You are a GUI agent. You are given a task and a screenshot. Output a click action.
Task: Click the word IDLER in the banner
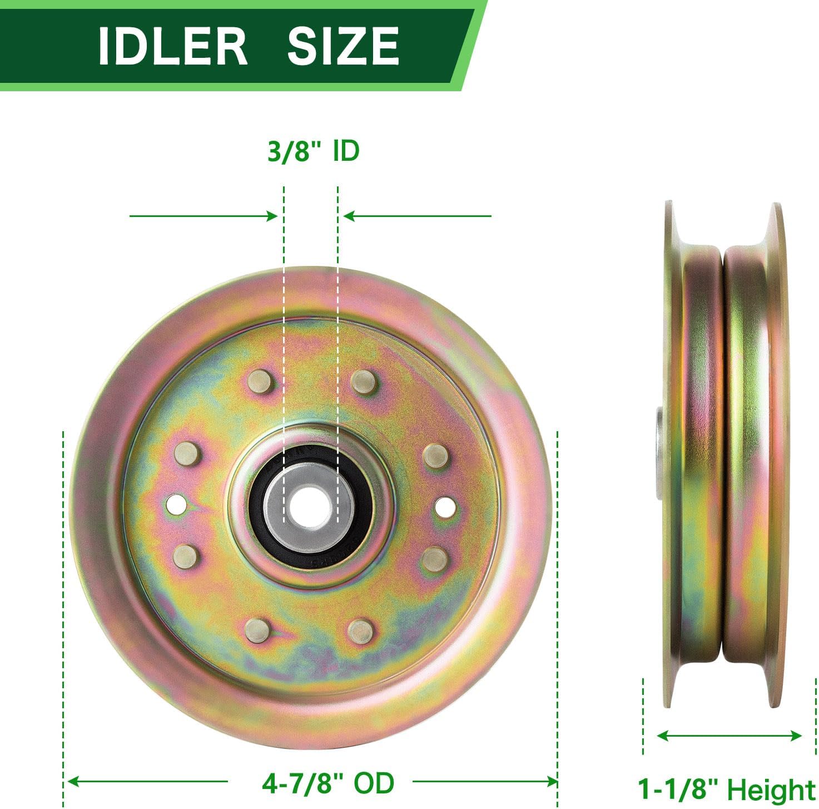(x=172, y=46)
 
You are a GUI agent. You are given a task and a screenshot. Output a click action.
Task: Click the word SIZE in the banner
(x=343, y=46)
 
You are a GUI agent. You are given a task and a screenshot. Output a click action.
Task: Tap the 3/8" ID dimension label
(x=313, y=151)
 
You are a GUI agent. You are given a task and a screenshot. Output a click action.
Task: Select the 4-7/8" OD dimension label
(x=328, y=783)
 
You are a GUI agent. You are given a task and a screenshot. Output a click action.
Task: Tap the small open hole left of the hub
(x=176, y=505)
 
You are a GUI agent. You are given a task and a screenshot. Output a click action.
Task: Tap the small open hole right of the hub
(x=445, y=506)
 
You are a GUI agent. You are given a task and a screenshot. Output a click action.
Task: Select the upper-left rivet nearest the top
(x=260, y=382)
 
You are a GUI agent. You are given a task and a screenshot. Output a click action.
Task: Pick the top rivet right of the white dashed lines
(x=364, y=382)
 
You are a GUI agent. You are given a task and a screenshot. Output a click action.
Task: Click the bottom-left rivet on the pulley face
(x=256, y=630)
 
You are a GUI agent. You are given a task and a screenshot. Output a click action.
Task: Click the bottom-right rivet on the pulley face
(x=360, y=630)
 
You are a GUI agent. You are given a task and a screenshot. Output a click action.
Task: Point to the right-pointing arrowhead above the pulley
(x=272, y=216)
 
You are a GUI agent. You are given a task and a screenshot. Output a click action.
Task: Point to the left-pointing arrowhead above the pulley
(x=349, y=216)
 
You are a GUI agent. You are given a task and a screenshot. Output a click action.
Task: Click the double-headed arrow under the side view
(x=729, y=736)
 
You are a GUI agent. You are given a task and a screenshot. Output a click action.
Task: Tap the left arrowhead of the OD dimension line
(x=72, y=782)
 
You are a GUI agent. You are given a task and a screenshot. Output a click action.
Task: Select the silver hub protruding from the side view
(x=658, y=451)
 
